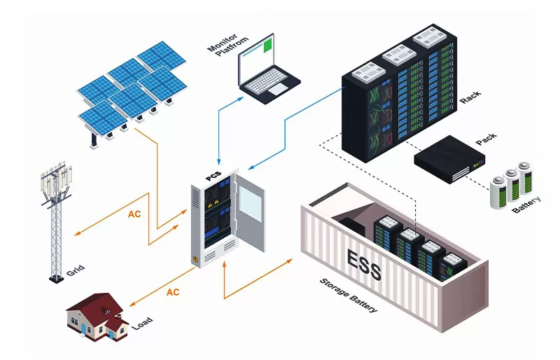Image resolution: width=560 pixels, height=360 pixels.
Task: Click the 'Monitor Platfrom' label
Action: point(228,45)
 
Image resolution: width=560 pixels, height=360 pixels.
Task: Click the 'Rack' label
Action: point(470,97)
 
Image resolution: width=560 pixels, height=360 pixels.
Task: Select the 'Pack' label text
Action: point(486,139)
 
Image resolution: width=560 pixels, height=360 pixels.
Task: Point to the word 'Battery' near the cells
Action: point(526,205)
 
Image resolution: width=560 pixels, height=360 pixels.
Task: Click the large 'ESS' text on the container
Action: point(363,264)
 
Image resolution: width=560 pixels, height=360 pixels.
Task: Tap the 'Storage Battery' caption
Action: point(348,296)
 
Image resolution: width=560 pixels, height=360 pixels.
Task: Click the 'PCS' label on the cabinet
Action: point(213,176)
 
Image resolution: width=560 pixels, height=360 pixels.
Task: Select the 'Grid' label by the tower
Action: point(76,270)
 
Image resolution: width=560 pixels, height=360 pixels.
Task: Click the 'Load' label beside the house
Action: point(143,323)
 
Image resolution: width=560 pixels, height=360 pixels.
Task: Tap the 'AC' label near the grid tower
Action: point(134,214)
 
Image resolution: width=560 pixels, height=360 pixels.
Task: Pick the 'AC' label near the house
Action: point(173,293)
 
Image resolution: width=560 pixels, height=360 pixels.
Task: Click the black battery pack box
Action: point(449,160)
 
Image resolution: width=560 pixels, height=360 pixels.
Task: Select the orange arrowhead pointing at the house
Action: point(132,304)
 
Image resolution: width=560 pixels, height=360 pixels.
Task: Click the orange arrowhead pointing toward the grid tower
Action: point(77,234)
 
